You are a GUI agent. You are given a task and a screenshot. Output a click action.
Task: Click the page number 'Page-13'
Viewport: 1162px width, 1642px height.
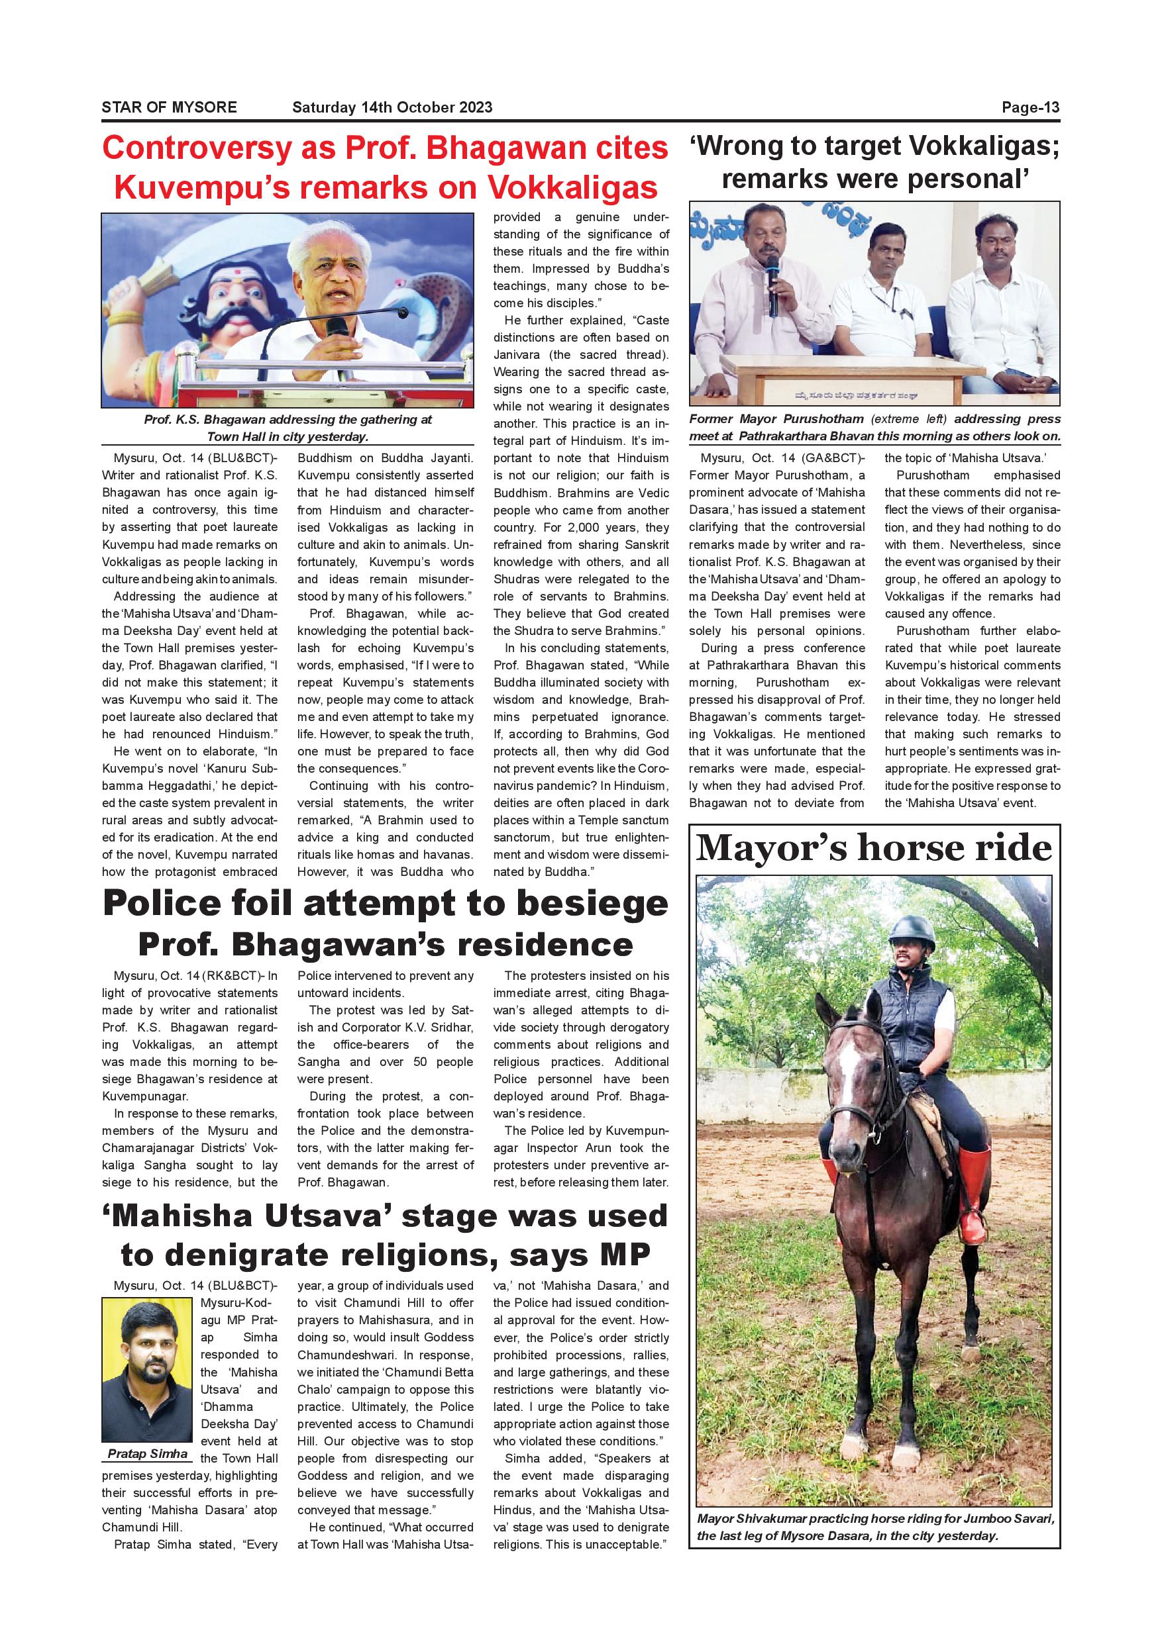pyautogui.click(x=1030, y=107)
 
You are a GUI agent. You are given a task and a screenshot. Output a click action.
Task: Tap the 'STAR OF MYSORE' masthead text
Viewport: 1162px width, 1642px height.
pyautogui.click(x=169, y=107)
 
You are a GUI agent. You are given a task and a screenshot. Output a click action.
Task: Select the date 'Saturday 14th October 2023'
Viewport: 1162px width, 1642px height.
pyautogui.click(x=392, y=107)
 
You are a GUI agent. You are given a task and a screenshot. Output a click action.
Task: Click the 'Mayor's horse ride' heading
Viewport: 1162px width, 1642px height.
pyautogui.click(x=874, y=848)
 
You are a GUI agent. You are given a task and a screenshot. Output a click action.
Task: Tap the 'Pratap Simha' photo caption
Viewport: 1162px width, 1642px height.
pyautogui.click(x=147, y=1454)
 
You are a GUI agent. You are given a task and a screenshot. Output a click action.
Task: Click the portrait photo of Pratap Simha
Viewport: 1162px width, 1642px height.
pyautogui.click(x=146, y=1369)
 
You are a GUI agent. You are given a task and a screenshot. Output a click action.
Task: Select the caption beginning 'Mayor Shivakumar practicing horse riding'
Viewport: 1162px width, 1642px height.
pyautogui.click(x=874, y=1527)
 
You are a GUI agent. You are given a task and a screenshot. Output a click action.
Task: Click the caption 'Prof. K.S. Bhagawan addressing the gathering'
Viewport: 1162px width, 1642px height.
pyautogui.click(x=287, y=428)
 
